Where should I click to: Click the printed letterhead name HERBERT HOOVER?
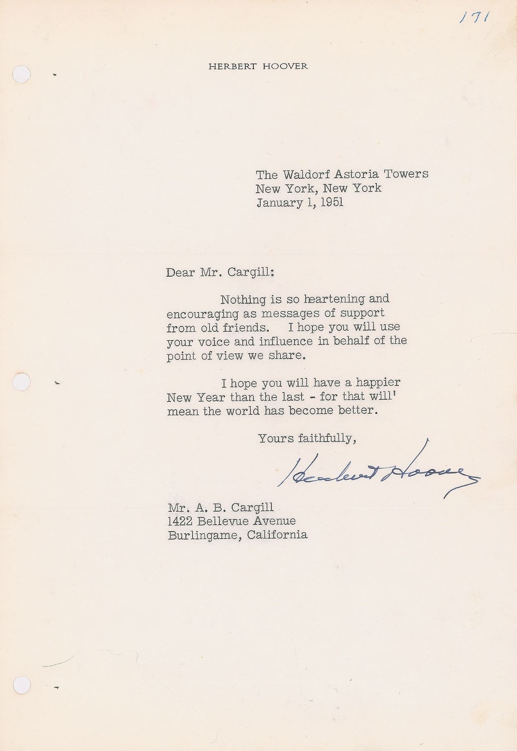pos(258,66)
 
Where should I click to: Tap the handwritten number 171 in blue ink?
pos(476,18)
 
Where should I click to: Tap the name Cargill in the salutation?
pos(250,272)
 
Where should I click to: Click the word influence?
pos(286,341)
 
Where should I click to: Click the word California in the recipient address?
pos(277,535)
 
